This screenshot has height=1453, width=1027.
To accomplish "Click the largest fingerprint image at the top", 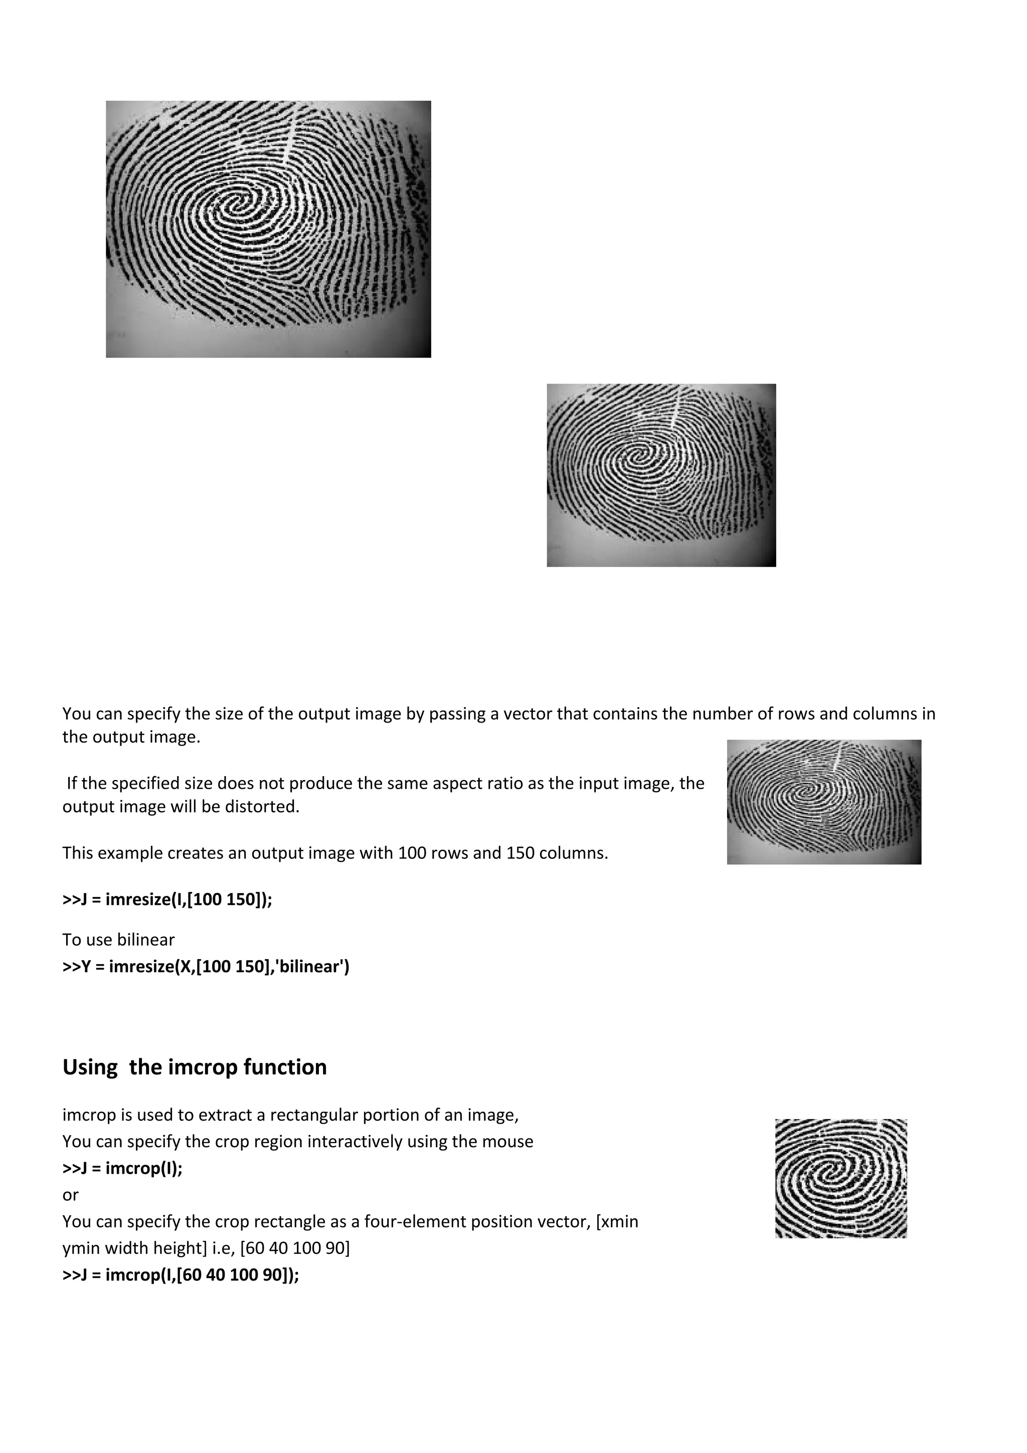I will tap(268, 229).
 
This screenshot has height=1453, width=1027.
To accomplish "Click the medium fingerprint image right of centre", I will tap(661, 475).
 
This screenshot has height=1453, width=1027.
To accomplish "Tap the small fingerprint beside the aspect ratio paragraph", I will tap(824, 802).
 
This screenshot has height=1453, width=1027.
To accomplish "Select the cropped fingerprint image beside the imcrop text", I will tap(841, 1178).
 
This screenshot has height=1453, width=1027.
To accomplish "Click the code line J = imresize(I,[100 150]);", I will tap(167, 899).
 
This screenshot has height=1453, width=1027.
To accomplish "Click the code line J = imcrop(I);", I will tap(123, 1168).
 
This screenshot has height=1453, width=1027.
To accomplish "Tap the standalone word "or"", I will tap(70, 1195).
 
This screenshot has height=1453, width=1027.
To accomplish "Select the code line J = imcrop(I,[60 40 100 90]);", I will tap(181, 1275).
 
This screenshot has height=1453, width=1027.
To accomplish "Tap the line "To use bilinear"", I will tap(118, 940).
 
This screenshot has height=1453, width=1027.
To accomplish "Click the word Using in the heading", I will tap(90, 1067).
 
